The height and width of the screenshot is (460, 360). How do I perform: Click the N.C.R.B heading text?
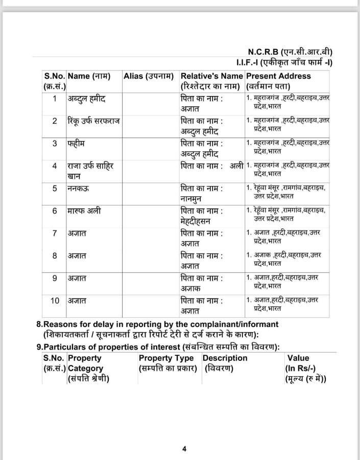point(290,52)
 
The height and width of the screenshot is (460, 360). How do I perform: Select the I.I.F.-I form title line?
point(284,62)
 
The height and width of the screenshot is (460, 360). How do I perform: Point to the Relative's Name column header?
point(212,76)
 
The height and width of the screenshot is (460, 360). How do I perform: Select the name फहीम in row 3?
point(76,144)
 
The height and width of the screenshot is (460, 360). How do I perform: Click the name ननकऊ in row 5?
point(77,188)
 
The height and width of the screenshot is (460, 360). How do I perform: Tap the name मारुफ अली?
point(84,211)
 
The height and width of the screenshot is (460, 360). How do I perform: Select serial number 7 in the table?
point(55,233)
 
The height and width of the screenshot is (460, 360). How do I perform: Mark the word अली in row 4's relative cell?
point(236,166)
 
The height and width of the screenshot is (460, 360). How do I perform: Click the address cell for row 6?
point(286,214)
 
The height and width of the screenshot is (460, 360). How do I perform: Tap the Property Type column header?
point(166,358)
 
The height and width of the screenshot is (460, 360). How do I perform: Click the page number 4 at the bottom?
point(184,449)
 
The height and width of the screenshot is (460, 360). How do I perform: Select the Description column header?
point(225,358)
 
